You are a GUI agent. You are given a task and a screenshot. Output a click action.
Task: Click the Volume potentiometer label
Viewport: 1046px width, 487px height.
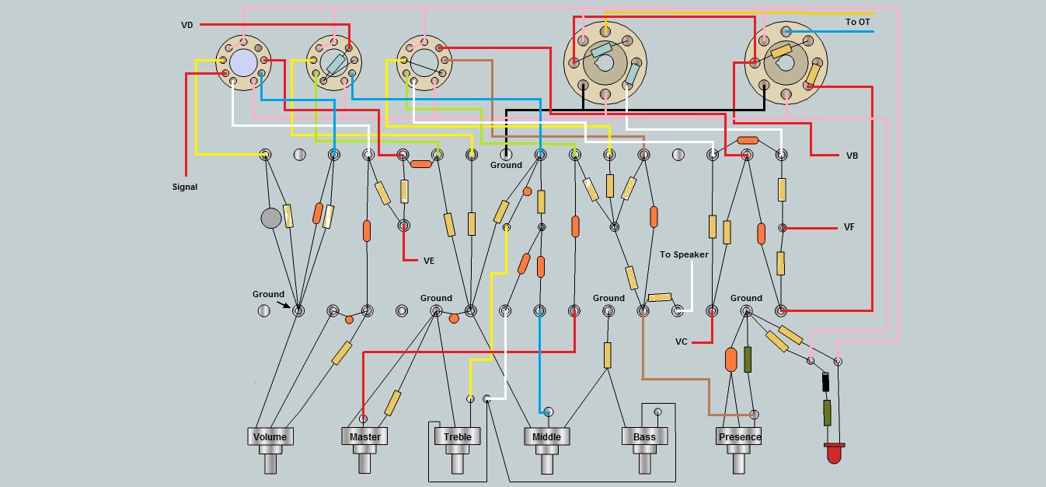click(x=270, y=436)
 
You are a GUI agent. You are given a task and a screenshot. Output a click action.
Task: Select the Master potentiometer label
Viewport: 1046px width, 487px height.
click(x=364, y=436)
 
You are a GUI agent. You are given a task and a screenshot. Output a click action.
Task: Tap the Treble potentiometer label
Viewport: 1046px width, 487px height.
click(x=458, y=436)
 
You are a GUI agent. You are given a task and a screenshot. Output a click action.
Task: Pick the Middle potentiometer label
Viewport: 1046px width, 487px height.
click(x=546, y=436)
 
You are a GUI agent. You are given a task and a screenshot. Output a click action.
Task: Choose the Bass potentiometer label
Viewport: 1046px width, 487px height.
click(x=644, y=436)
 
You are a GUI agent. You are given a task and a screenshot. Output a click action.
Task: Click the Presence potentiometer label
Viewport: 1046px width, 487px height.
click(x=740, y=436)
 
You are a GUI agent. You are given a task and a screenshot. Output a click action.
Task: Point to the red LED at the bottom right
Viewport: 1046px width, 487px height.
click(x=834, y=454)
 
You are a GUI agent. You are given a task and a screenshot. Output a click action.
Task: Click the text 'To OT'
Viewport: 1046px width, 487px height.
click(x=858, y=22)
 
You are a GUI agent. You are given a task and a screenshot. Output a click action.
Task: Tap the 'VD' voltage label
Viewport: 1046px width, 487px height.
click(x=187, y=26)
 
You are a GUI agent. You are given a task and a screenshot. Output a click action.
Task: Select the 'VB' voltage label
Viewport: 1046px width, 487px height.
click(x=852, y=156)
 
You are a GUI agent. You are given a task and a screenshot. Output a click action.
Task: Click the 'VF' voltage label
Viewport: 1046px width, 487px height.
click(x=850, y=228)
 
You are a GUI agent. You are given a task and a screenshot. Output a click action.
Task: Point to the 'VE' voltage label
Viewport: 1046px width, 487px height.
click(x=429, y=261)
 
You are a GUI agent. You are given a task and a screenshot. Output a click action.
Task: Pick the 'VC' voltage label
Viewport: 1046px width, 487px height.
click(x=682, y=342)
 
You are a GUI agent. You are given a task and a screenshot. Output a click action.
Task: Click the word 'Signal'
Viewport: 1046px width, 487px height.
click(x=185, y=187)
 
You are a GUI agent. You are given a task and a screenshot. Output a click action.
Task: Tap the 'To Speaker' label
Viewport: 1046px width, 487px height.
click(x=684, y=254)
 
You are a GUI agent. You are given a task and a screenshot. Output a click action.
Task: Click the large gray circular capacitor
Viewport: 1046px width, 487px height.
click(x=270, y=219)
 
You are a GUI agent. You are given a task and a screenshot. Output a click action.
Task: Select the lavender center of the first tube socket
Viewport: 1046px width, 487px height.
click(x=243, y=61)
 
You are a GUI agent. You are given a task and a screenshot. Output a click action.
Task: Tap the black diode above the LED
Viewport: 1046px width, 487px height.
click(x=825, y=382)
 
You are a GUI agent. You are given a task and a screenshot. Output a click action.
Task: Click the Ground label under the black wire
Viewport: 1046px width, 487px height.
click(x=506, y=165)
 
